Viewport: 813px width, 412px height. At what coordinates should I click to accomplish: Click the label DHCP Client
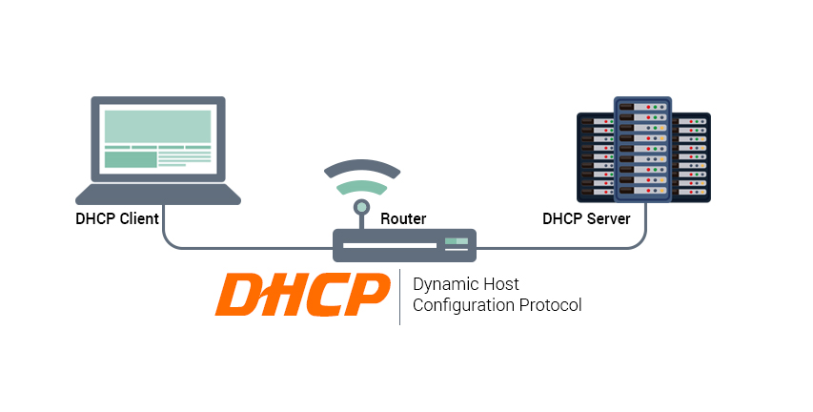coord(117,218)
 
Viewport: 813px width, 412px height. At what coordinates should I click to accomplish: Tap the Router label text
coord(403,218)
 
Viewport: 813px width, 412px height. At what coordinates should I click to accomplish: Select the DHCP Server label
coord(586,218)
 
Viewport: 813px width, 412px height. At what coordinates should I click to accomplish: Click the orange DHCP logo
coord(302,295)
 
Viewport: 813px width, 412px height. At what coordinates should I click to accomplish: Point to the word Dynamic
coord(445,285)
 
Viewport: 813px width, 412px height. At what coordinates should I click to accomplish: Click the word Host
coord(501,284)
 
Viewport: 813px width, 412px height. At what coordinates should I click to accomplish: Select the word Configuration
coord(463,305)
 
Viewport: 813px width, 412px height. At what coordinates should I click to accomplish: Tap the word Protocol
coord(551,304)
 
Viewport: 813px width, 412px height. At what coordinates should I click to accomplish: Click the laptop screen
coord(158,139)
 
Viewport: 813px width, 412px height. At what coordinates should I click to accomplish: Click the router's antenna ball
coord(361,207)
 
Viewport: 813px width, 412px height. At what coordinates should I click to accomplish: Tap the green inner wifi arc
coord(362,186)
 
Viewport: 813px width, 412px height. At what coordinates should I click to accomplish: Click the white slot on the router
coord(390,245)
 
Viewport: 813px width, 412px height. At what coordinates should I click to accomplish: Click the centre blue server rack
coord(643,150)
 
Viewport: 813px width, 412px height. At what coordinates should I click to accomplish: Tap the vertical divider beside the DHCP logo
coord(399,297)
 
